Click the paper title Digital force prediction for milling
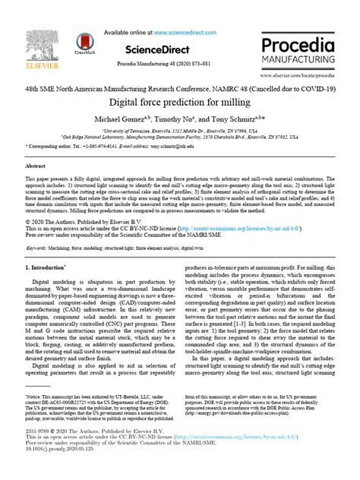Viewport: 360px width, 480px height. click(180, 101)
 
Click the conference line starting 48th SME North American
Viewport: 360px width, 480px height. click(180, 88)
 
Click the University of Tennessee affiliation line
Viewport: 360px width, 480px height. click(180, 130)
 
